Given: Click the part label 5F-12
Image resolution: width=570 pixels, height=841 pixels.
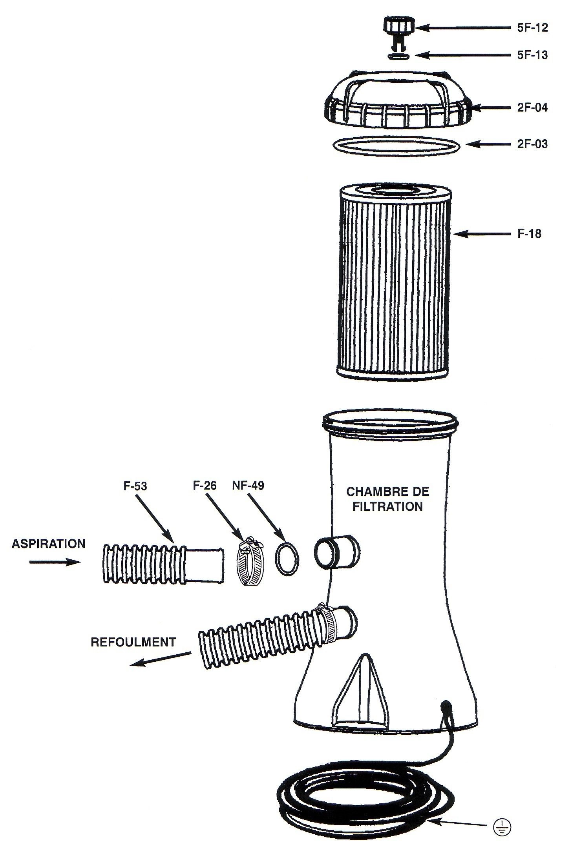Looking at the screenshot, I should [x=532, y=28].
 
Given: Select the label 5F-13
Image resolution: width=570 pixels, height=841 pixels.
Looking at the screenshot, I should [x=532, y=55].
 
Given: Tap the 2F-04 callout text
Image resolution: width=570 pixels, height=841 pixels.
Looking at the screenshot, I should [x=532, y=107].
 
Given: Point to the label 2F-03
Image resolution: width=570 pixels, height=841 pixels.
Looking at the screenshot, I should [x=532, y=144].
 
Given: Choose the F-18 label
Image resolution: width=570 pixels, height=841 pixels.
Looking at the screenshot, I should [x=529, y=234].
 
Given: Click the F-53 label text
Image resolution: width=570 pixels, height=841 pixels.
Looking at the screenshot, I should [x=135, y=486].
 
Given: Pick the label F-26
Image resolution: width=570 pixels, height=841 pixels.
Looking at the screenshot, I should [x=205, y=486].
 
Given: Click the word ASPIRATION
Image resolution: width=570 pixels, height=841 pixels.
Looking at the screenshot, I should [x=48, y=544].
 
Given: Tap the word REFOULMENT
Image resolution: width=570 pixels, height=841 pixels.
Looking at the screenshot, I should [x=133, y=642].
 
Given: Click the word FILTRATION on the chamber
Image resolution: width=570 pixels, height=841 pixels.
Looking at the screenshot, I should [x=387, y=507].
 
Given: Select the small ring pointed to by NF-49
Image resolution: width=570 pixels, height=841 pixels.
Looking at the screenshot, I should [x=287, y=559].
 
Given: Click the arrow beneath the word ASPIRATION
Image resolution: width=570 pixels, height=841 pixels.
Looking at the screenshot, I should [x=55, y=562].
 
